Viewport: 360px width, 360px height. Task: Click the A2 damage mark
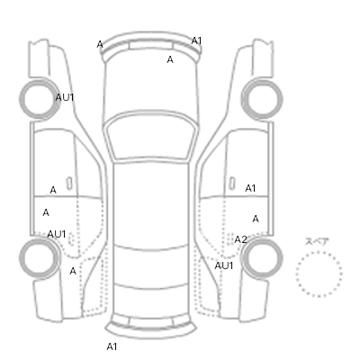coord(240,239)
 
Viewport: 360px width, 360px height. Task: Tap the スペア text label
coord(317,241)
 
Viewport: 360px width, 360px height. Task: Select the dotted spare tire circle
coord(319,274)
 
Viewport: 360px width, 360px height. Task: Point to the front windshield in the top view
coord(152,136)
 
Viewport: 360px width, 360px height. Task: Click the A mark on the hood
coord(170,59)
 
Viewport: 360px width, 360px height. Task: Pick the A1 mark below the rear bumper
coord(112,346)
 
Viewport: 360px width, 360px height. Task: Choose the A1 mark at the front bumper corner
coord(196,40)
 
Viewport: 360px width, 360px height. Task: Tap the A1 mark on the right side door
coord(250,188)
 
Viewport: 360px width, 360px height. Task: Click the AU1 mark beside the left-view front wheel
coord(65,97)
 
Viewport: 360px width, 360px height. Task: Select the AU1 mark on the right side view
coord(224,265)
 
